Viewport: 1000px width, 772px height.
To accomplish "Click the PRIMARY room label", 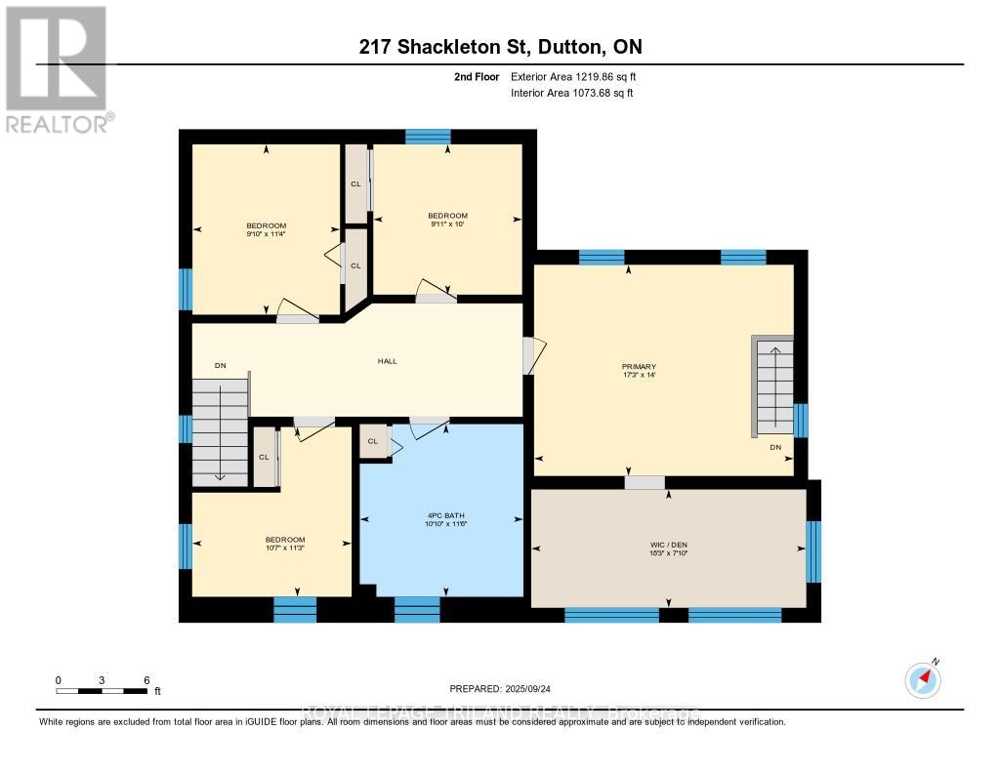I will [632, 367].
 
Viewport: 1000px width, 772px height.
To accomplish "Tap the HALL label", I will [388, 361].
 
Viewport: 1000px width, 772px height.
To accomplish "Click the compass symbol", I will [923, 677].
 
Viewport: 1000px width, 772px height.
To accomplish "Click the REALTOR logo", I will [57, 69].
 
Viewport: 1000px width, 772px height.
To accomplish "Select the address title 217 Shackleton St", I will [499, 47].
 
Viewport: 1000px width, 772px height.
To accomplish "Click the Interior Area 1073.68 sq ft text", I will [571, 93].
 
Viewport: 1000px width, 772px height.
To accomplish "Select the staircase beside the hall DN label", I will [220, 431].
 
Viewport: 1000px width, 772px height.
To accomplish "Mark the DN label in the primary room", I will [775, 448].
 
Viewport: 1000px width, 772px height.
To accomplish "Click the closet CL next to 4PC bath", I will [373, 441].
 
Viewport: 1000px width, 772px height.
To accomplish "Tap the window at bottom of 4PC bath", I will [417, 610].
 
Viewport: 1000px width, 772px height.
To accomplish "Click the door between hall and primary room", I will [532, 356].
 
